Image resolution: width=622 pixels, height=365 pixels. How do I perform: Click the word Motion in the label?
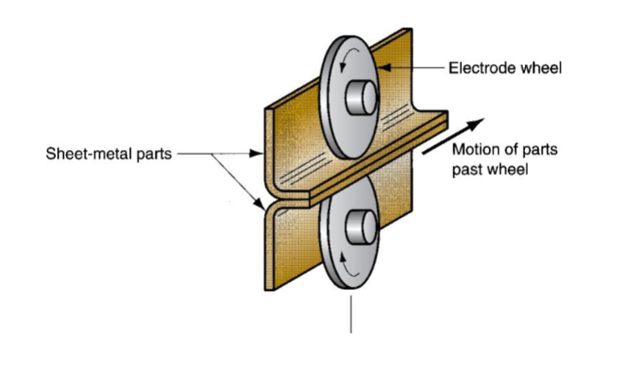tap(476, 151)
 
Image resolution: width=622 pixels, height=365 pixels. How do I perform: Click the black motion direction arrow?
tap(454, 136)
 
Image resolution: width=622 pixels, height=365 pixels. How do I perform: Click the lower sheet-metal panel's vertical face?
tap(283, 248)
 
